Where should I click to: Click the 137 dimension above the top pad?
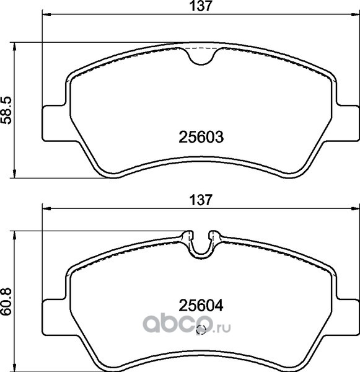(x=200, y=6)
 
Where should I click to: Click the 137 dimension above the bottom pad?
(x=200, y=200)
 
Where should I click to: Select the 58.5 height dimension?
(x=6, y=110)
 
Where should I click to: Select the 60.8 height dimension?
(x=6, y=301)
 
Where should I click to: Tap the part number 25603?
(x=201, y=137)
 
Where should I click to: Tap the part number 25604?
(x=201, y=306)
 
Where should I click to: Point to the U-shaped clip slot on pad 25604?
(x=201, y=249)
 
